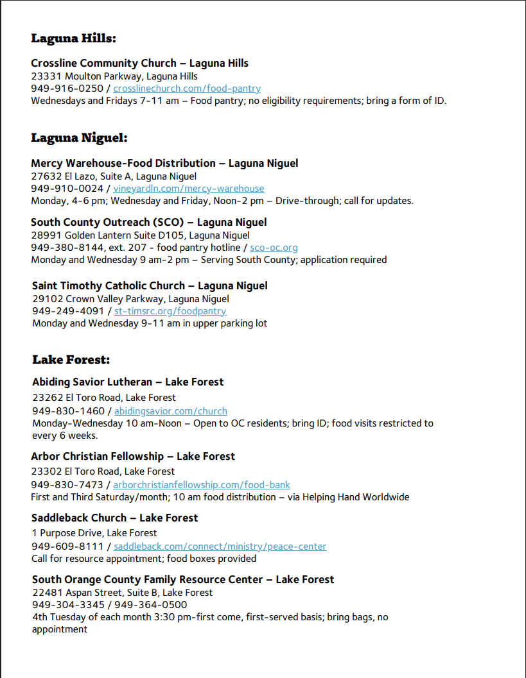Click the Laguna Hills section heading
coord(73,38)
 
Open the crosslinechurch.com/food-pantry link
coord(187,89)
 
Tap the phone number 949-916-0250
coord(67,89)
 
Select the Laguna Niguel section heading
coord(79,138)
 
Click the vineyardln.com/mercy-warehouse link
coord(189,189)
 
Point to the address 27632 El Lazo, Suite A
coord(114,176)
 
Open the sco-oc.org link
coord(274,248)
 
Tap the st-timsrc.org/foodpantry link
coord(170,311)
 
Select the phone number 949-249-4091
coord(68,311)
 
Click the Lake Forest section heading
coord(71,360)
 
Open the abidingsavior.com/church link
coord(171,411)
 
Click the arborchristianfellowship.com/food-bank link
coord(202,485)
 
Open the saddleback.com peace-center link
coord(220,547)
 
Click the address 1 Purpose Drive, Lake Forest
coord(94,533)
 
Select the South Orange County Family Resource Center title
coord(183,580)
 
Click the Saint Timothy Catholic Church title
coord(150,286)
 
